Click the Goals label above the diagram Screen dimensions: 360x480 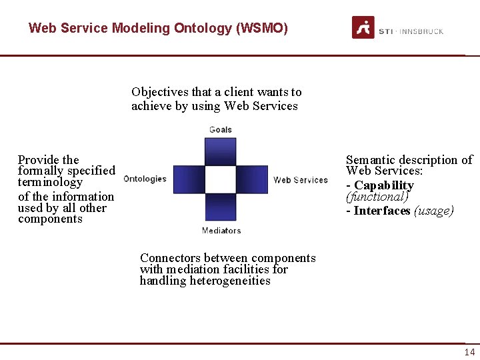click(x=221, y=129)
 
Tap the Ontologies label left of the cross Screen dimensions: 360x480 click(x=145, y=179)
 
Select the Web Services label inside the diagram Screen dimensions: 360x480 click(x=300, y=179)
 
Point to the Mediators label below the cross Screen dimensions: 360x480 click(x=221, y=231)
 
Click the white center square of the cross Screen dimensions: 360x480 click(x=221, y=179)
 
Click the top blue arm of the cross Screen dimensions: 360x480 click(x=221, y=151)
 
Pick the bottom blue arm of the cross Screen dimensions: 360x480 click(x=221, y=207)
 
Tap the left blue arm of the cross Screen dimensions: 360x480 click(x=189, y=179)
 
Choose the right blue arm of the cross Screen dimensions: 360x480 click(x=253, y=179)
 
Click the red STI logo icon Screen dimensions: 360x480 click(x=363, y=27)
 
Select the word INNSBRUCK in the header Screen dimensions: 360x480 click(x=422, y=31)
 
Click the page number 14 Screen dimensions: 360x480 click(x=469, y=353)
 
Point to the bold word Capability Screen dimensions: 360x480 click(x=383, y=185)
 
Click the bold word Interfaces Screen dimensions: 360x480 click(x=382, y=211)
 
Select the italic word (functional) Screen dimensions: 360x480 click(x=377, y=197)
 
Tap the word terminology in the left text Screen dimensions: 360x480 click(x=50, y=182)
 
